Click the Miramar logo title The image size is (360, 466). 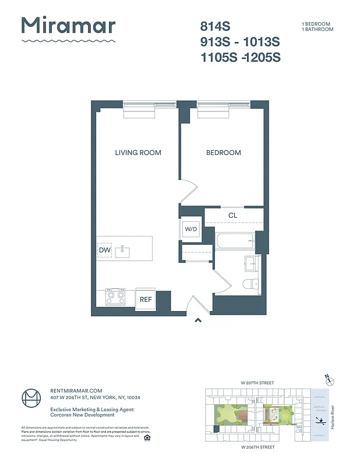point(68,26)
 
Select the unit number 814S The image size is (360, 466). point(215,26)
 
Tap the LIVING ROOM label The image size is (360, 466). point(138,153)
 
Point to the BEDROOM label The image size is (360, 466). point(223,153)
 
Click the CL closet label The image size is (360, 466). point(233,216)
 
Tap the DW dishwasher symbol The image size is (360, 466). point(105,250)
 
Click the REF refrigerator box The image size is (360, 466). point(146,299)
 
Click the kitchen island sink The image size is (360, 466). point(123,251)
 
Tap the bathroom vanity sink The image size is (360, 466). point(252,263)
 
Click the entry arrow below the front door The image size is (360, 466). point(198,319)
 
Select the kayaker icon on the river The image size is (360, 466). point(320,420)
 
